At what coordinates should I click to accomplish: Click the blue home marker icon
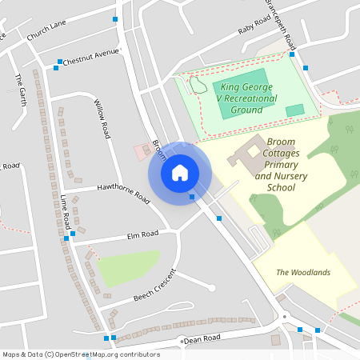coord(179,173)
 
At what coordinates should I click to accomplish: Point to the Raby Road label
coord(257,30)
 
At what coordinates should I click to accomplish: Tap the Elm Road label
coord(143,234)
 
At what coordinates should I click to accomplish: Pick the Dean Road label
coord(202,339)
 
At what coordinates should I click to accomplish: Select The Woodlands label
coord(303,273)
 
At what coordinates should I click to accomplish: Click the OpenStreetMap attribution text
coord(81,354)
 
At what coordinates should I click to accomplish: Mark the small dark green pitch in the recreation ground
coord(295,110)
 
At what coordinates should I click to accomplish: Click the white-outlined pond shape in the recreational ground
coord(197,83)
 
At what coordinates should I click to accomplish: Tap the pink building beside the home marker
coord(142,150)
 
